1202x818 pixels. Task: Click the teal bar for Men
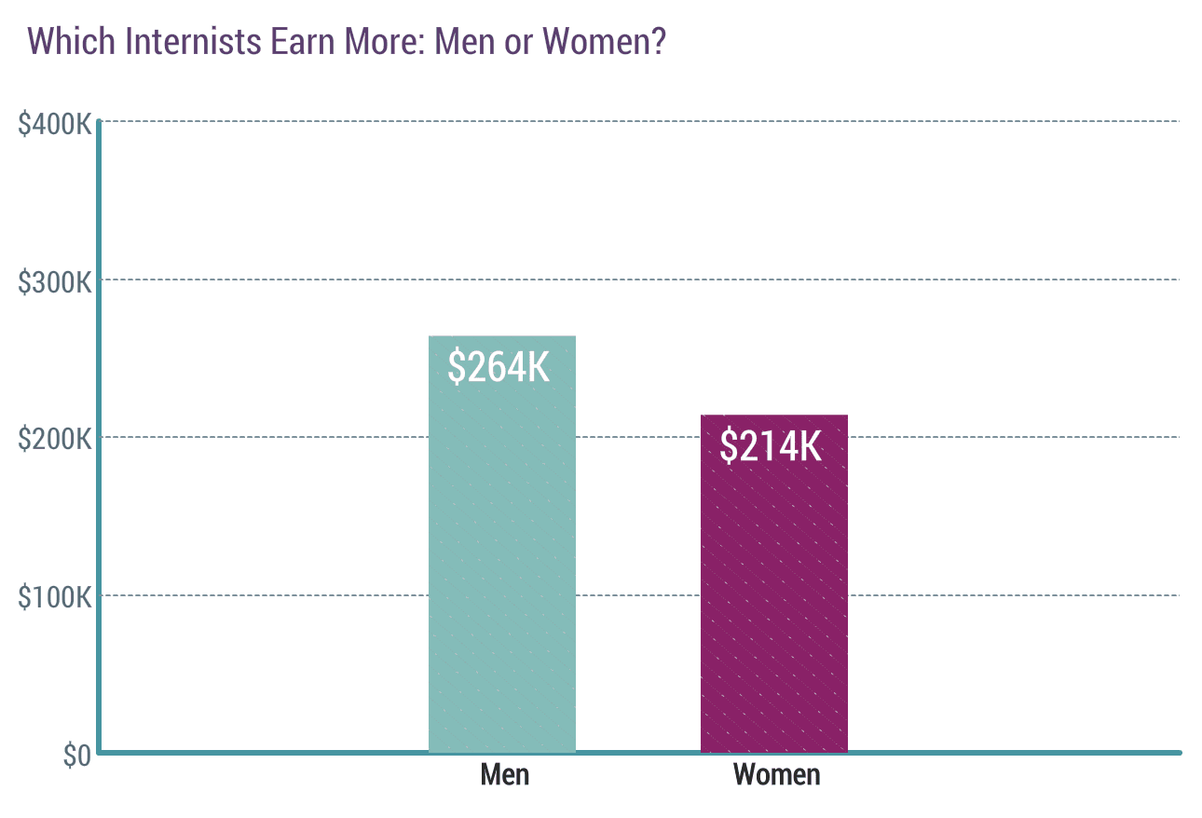[502, 559]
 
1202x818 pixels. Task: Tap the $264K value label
[499, 366]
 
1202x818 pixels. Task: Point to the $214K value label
[771, 446]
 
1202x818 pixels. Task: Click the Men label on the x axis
[505, 774]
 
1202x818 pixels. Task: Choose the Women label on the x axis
[776, 774]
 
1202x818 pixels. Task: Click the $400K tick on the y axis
[55, 122]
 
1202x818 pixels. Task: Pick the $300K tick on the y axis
[55, 280]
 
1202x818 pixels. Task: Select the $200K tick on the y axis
[55, 438]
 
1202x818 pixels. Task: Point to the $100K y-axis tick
[55, 596]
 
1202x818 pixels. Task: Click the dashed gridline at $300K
[932, 279]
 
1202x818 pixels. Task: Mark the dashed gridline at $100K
[932, 595]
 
